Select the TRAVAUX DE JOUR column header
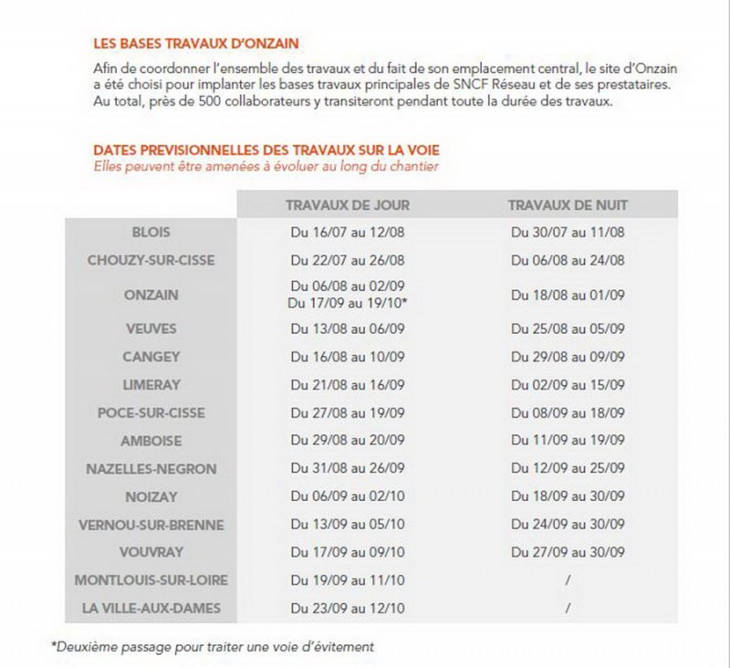pyautogui.click(x=348, y=204)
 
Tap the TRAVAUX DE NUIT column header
pyautogui.click(x=568, y=204)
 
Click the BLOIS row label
pyautogui.click(x=151, y=233)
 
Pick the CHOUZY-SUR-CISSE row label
pyautogui.click(x=151, y=260)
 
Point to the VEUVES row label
pyautogui.click(x=151, y=328)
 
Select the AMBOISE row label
pyautogui.click(x=151, y=441)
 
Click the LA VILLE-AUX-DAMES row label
pyautogui.click(x=151, y=609)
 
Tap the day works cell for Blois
pyautogui.click(x=348, y=233)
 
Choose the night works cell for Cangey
pyautogui.click(x=568, y=357)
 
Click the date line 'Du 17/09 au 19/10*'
pyautogui.click(x=348, y=302)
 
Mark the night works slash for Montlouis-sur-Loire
pyautogui.click(x=568, y=580)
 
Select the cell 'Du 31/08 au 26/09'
pyautogui.click(x=348, y=469)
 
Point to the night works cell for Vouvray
pyautogui.click(x=568, y=552)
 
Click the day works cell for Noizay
pyautogui.click(x=348, y=497)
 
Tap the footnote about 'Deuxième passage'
pyautogui.click(x=212, y=647)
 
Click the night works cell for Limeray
pyautogui.click(x=568, y=385)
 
